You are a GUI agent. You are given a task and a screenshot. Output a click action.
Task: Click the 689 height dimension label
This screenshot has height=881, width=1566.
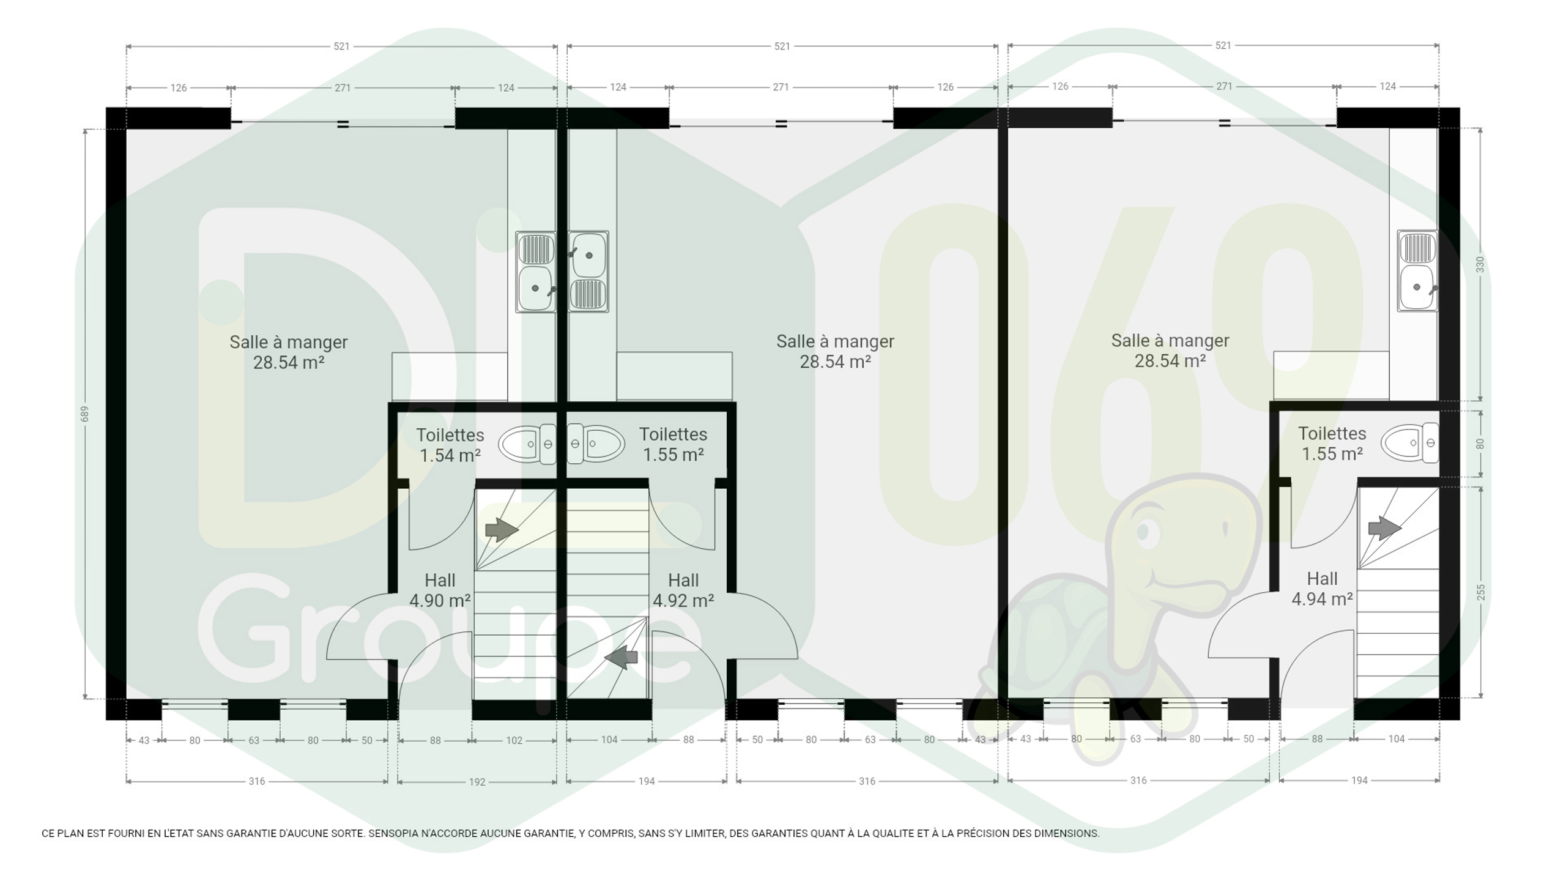(85, 414)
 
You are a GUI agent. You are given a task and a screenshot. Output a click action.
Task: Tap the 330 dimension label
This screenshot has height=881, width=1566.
(1480, 264)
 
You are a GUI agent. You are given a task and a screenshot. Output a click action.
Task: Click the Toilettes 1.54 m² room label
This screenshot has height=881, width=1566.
(450, 445)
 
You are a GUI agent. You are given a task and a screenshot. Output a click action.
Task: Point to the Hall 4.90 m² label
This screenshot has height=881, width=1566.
(440, 590)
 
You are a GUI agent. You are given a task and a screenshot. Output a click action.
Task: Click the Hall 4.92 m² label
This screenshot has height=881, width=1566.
(683, 590)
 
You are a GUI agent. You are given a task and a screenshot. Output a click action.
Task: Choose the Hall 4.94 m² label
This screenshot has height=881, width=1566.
(1322, 589)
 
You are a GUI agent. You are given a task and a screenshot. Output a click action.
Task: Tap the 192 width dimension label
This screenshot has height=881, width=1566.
(477, 782)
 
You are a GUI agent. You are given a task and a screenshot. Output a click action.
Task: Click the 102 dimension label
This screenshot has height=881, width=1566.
(514, 740)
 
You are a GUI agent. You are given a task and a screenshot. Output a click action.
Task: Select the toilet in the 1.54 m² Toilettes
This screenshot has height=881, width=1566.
(527, 444)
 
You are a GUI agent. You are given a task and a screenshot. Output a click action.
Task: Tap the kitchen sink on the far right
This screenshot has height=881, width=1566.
(1417, 270)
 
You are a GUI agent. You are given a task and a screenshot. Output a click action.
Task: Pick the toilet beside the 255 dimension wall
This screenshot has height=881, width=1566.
(1410, 442)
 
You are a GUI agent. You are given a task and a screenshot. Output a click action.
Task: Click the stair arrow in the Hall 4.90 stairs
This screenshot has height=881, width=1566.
(502, 529)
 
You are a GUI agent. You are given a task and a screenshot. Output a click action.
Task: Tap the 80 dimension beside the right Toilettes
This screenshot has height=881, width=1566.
(1480, 444)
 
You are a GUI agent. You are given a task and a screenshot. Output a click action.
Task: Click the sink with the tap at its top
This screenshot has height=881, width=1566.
(588, 272)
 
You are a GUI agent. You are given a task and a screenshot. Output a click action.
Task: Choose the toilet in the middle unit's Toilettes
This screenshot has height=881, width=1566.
(596, 443)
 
